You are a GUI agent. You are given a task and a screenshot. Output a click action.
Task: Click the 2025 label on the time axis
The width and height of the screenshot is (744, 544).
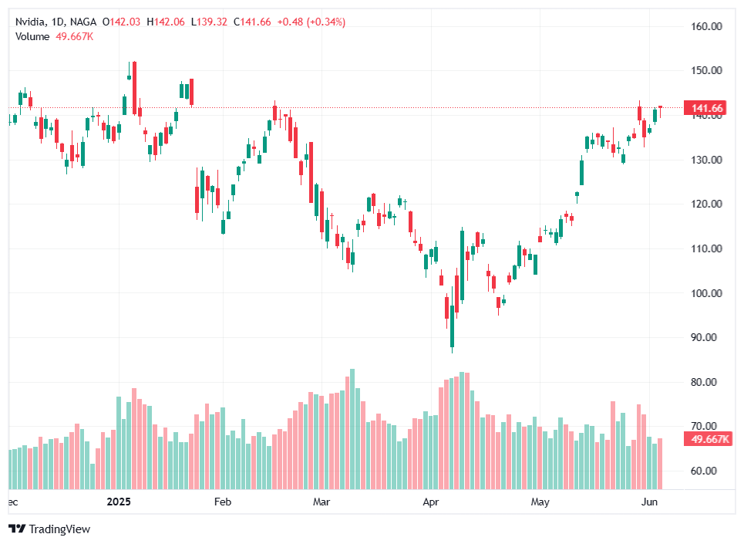(x=120, y=502)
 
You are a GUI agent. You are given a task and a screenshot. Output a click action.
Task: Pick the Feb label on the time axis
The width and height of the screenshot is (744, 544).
(x=223, y=502)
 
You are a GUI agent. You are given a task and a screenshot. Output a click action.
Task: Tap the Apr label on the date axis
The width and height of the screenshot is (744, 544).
(x=432, y=502)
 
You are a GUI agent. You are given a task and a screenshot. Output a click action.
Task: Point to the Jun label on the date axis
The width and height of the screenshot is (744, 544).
(x=649, y=502)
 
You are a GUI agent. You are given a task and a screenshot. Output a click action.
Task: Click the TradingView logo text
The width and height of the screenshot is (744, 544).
(x=59, y=529)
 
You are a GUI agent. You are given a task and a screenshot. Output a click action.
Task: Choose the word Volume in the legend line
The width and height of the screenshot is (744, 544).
(x=32, y=36)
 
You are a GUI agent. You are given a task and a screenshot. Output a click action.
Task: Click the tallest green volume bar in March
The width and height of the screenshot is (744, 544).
(x=352, y=429)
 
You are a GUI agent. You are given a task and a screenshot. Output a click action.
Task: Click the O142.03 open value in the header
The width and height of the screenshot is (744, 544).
(x=123, y=22)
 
